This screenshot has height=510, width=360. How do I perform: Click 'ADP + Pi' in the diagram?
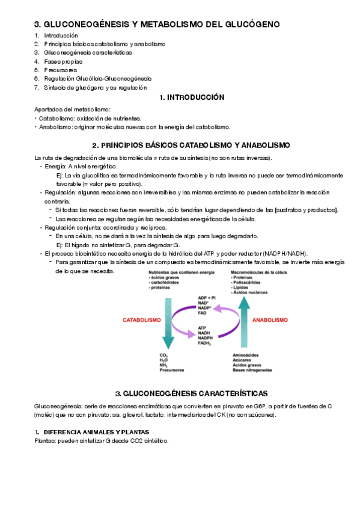pyautogui.click(x=206, y=298)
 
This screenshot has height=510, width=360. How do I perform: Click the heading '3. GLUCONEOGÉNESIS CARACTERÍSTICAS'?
pyautogui.click(x=191, y=393)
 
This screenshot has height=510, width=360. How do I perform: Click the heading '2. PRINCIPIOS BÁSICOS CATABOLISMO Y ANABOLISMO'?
pyautogui.click(x=191, y=146)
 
